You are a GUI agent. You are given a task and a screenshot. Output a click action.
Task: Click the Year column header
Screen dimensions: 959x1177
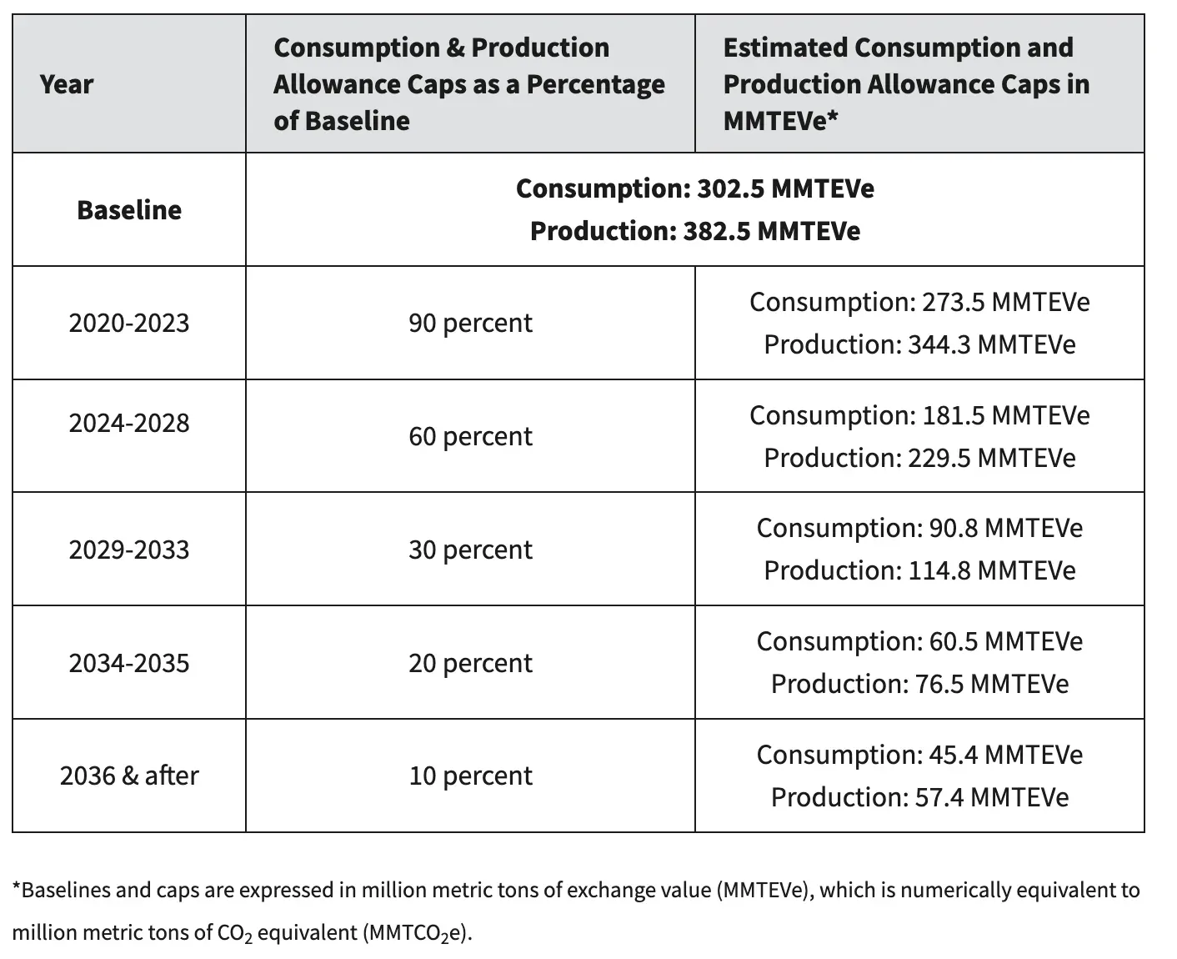pyautogui.click(x=66, y=84)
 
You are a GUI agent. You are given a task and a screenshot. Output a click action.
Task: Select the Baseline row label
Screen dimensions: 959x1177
pyautogui.click(x=128, y=210)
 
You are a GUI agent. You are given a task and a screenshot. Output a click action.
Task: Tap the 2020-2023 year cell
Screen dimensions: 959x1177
pyautogui.click(x=128, y=323)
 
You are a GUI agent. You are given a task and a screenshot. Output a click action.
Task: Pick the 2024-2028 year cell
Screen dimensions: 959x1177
pyautogui.click(x=128, y=423)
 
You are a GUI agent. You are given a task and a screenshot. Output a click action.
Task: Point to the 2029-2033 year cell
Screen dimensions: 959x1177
pyautogui.click(x=128, y=550)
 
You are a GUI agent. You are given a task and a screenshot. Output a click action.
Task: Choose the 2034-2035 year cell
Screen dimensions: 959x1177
pyautogui.click(x=128, y=663)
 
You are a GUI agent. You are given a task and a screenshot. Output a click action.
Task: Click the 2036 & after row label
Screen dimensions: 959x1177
pyautogui.click(x=128, y=776)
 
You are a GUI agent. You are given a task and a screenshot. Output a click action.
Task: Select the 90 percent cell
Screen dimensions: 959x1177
pyautogui.click(x=470, y=323)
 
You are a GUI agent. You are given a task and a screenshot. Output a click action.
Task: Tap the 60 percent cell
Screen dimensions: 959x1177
pyautogui.click(x=470, y=436)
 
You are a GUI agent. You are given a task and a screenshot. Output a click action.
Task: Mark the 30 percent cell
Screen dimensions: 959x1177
pyautogui.click(x=470, y=550)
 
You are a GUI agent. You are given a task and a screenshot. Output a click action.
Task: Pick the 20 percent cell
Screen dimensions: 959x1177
pyautogui.click(x=470, y=663)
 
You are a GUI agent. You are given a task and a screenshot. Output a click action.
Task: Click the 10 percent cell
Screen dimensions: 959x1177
pyautogui.click(x=470, y=776)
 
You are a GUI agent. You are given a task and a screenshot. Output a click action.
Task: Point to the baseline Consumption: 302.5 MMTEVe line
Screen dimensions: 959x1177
pyautogui.click(x=694, y=188)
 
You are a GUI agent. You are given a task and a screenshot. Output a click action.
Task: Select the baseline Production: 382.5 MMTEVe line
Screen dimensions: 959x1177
pyautogui.click(x=694, y=231)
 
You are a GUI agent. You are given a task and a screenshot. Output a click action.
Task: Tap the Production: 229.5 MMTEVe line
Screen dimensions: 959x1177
pyautogui.click(x=919, y=458)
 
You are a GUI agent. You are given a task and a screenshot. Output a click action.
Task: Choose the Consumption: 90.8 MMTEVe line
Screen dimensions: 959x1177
pyautogui.click(x=919, y=528)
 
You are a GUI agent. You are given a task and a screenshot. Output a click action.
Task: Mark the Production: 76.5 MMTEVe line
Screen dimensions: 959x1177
pyautogui.click(x=919, y=684)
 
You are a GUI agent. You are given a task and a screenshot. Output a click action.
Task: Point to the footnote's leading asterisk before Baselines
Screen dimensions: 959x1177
pyautogui.click(x=17, y=888)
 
